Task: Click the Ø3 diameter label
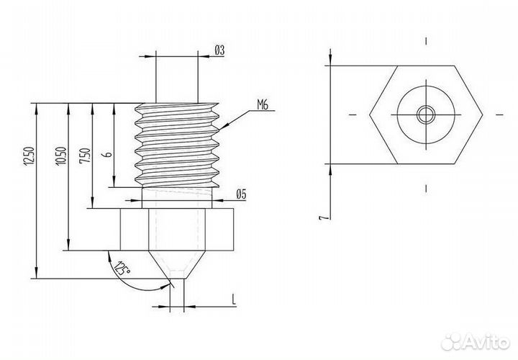click(x=220, y=50)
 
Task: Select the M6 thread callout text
click(x=261, y=105)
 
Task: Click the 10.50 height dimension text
click(x=61, y=157)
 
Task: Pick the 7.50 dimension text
click(x=86, y=156)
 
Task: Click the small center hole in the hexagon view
click(x=426, y=114)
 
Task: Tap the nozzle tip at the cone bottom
click(x=178, y=278)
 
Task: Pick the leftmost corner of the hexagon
click(x=370, y=114)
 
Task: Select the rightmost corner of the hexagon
click(x=482, y=114)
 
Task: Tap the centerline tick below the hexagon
click(x=426, y=189)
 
